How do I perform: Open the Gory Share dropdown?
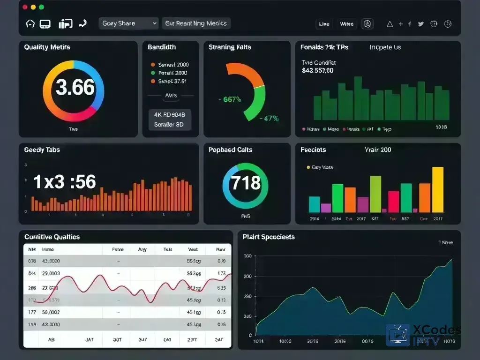[x=129, y=23]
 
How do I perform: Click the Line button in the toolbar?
[x=324, y=24]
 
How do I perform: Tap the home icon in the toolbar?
[x=30, y=24]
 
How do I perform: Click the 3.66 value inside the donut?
[x=75, y=88]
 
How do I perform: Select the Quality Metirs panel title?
[x=47, y=47]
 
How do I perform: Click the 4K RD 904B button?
[x=170, y=114]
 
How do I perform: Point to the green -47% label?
[x=270, y=119]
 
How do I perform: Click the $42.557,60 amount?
[x=318, y=71]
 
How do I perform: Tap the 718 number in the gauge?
[x=246, y=182]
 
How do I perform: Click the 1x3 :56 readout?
[x=65, y=182]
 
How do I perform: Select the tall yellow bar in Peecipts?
[x=437, y=190]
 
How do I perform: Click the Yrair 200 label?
[x=377, y=150]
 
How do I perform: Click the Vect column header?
[x=193, y=250]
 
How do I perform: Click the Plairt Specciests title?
[x=269, y=237]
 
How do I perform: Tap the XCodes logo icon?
[x=397, y=335]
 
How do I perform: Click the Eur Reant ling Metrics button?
[x=196, y=23]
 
